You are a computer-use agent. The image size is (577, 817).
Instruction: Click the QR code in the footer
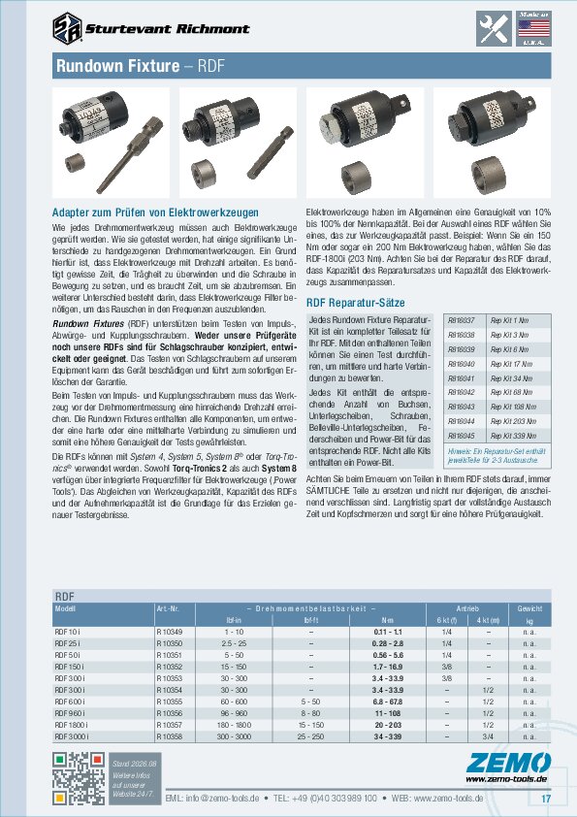pyautogui.click(x=76, y=778)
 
